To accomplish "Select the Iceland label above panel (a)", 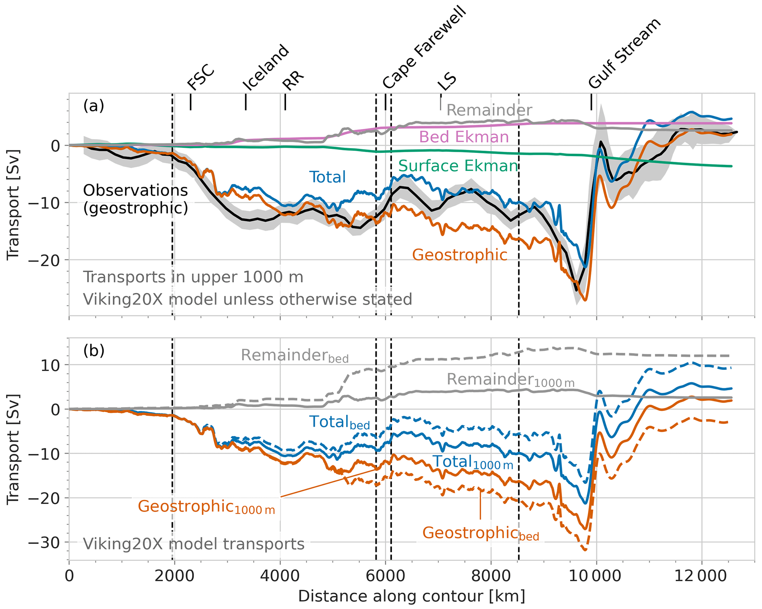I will click(x=265, y=67).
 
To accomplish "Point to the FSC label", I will click(x=201, y=77).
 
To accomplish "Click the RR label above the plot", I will click(x=293, y=80).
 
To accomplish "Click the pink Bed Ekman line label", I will click(x=464, y=137).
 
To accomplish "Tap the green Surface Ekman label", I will click(x=458, y=166).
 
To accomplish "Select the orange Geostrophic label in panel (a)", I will click(x=459, y=255).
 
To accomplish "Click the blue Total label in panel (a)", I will click(x=327, y=177).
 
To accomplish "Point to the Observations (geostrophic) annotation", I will click(x=135, y=199).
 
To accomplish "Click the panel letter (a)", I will click(x=94, y=106).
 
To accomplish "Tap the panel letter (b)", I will click(x=94, y=350).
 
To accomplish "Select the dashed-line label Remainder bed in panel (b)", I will click(x=294, y=356).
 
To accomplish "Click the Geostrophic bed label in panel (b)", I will click(x=480, y=533).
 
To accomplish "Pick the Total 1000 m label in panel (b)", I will click(x=473, y=462).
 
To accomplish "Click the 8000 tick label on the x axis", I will click(x=491, y=576).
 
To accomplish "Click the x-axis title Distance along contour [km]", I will click(x=411, y=596).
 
